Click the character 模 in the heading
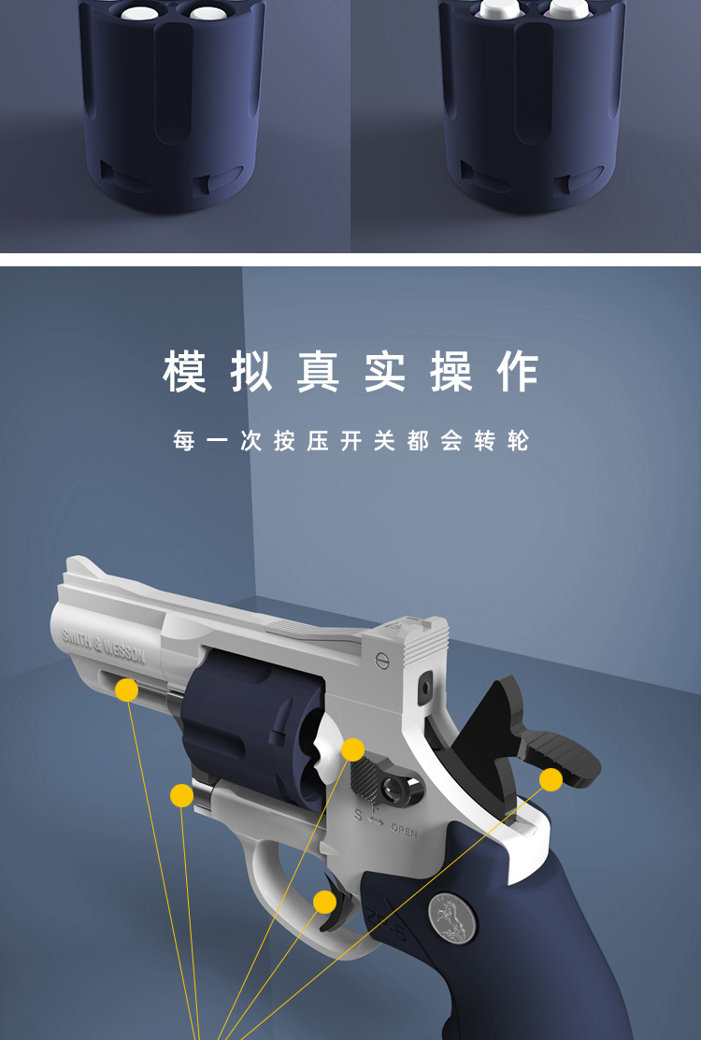click(184, 371)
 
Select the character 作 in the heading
click(517, 371)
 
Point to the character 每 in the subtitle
click(184, 440)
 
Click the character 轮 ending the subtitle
click(518, 440)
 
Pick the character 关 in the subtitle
click(384, 440)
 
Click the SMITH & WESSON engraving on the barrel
click(103, 645)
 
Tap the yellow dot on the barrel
click(126, 691)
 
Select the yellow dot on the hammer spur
click(551, 779)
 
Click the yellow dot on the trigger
click(324, 902)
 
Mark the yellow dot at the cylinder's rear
click(352, 749)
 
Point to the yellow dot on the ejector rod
click(181, 796)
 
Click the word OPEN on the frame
click(404, 830)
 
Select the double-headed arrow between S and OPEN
click(376, 820)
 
